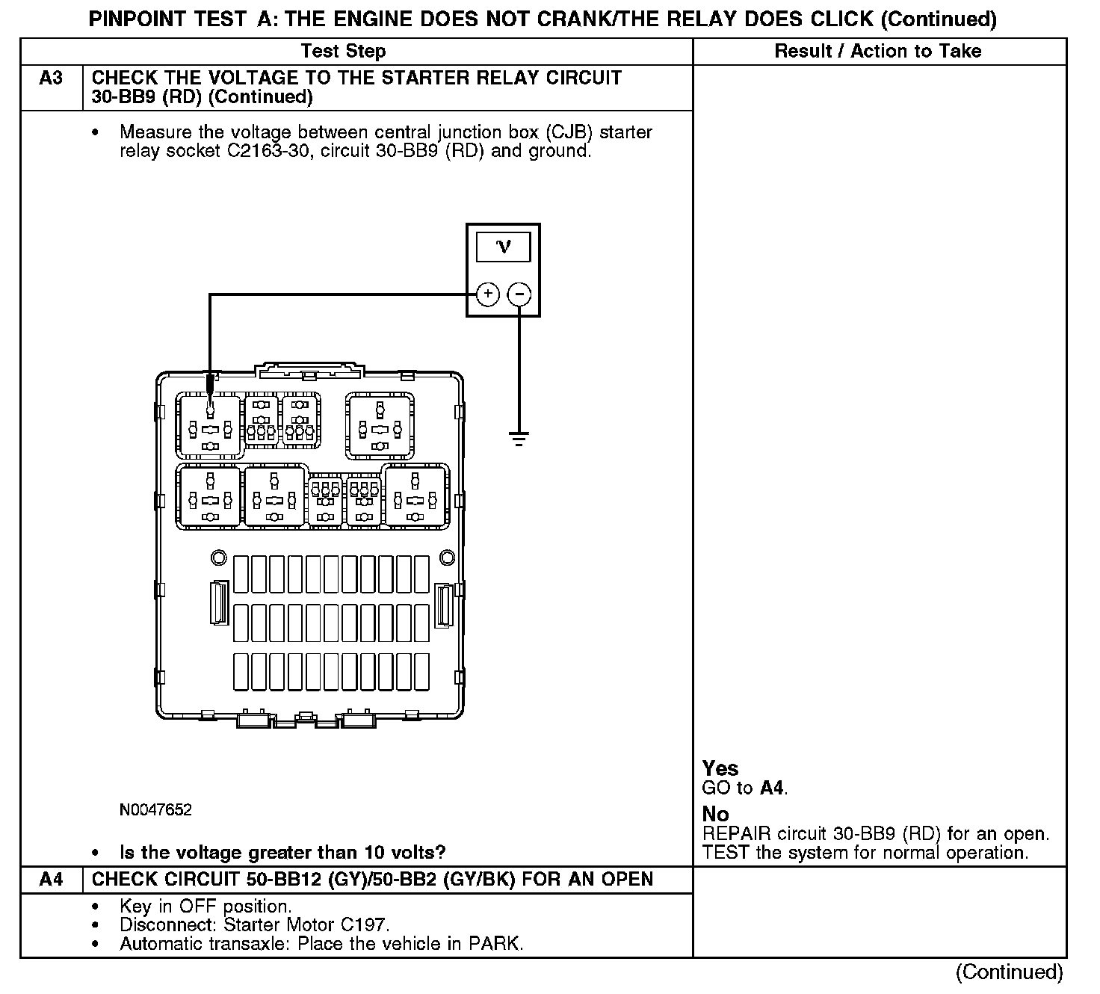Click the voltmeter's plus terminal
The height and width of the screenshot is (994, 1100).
(x=487, y=294)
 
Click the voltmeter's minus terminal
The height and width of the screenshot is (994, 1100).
(x=519, y=294)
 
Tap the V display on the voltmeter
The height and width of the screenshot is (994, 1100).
(x=503, y=247)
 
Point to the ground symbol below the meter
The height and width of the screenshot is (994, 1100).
(x=519, y=437)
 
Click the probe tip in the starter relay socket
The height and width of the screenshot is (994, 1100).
(x=210, y=407)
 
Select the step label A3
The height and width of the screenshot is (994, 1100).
(x=51, y=78)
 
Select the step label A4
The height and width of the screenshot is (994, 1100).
(x=51, y=880)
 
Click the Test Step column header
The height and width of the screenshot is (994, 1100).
(x=343, y=52)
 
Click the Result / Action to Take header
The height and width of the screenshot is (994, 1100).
(x=878, y=52)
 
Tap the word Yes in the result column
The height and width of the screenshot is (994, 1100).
(x=720, y=768)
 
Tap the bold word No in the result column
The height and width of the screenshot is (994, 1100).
(x=715, y=814)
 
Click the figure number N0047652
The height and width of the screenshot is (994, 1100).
(x=155, y=810)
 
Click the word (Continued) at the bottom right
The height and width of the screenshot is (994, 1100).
(x=1009, y=972)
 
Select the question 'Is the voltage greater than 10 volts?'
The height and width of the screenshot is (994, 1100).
(x=282, y=853)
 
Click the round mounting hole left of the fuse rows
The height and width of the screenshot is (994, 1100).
(x=219, y=558)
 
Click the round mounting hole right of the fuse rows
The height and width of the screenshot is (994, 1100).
(x=446, y=558)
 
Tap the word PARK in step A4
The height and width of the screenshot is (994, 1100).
(x=493, y=944)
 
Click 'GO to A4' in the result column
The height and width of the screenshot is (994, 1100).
(x=744, y=788)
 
